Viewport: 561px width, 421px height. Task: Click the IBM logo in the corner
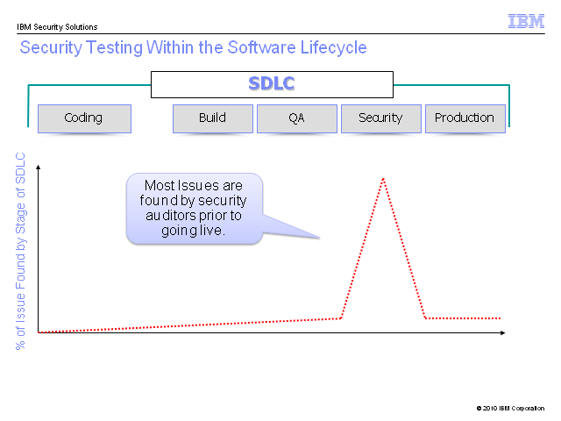coord(526,21)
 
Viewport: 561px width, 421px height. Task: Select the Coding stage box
coord(84,118)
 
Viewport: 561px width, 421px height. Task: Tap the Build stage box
coord(213,118)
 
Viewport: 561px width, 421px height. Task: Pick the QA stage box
coord(297,118)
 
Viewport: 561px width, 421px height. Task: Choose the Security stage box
coord(381,118)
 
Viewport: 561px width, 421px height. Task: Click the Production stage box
coord(465,118)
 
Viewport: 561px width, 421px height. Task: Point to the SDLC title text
coord(272,83)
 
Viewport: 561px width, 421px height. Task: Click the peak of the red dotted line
coord(383,179)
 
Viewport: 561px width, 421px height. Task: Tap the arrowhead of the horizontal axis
coord(502,333)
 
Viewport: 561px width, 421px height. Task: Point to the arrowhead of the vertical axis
coord(39,167)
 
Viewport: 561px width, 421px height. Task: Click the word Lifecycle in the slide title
coord(333,47)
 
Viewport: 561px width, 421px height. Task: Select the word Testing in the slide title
coord(115,47)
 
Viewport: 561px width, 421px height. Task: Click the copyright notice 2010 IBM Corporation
coord(510,408)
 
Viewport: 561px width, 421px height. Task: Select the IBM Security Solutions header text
coord(57,27)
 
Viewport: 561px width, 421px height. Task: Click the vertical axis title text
coord(20,251)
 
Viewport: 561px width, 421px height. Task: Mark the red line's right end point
coord(500,318)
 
